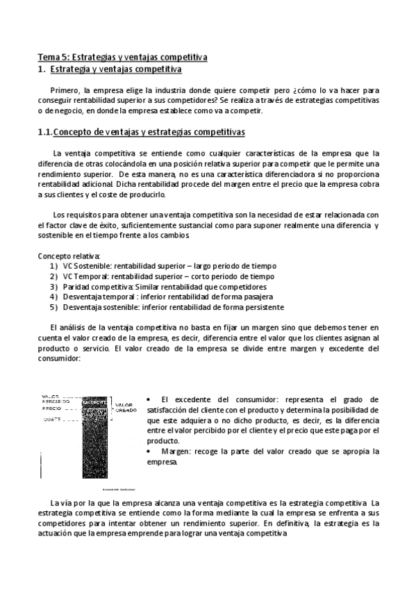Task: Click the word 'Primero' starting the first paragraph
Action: click(65, 90)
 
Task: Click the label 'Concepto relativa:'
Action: click(69, 256)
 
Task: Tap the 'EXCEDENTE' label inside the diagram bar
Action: click(94, 402)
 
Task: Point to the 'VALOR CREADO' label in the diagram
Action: click(126, 408)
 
